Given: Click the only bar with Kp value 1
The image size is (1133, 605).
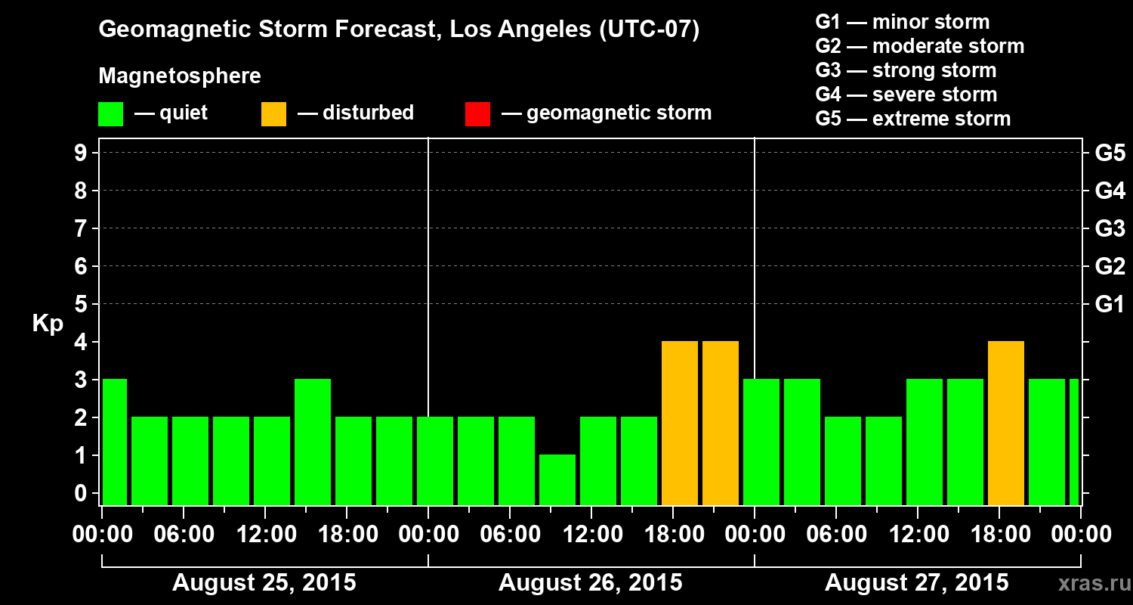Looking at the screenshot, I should (557, 479).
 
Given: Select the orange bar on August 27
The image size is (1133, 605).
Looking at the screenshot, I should (1006, 423).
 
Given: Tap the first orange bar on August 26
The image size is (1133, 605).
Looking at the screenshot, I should (680, 423).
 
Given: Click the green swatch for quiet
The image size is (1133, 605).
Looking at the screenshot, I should (111, 113).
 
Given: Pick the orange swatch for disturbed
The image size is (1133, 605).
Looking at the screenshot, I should (273, 113).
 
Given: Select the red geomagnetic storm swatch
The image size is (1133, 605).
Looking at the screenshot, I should (477, 113).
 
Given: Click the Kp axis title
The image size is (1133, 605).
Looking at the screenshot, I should (48, 324).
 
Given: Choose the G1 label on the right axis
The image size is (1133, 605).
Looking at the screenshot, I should (1110, 305).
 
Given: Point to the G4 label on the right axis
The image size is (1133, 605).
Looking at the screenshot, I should (1110, 191).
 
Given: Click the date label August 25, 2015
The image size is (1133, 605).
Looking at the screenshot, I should (264, 583).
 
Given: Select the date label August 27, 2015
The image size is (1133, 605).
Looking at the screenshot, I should (916, 583).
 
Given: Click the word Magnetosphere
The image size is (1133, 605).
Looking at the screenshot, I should (180, 76).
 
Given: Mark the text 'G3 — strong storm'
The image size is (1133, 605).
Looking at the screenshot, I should (906, 70).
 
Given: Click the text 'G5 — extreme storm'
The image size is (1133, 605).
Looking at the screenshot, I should (912, 119).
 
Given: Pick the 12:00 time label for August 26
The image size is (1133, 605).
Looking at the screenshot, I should (591, 535).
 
